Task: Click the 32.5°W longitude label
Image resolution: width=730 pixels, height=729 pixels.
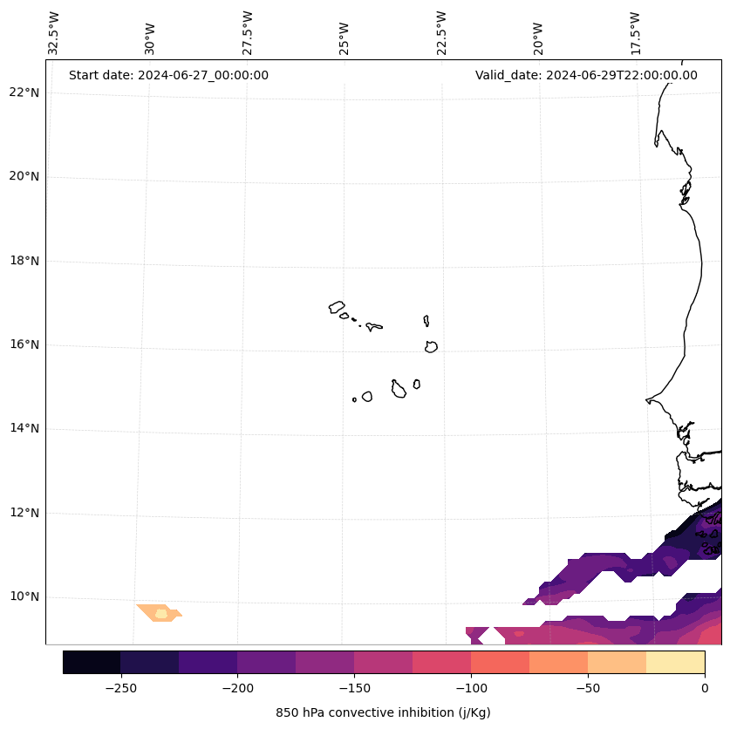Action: (x=54, y=33)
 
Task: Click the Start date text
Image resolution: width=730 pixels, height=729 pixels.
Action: (x=168, y=75)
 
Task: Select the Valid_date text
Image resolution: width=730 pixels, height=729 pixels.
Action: (x=586, y=75)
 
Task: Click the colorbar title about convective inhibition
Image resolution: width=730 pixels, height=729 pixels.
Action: (x=383, y=712)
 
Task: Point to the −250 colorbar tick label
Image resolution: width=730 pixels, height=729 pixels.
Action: (x=120, y=687)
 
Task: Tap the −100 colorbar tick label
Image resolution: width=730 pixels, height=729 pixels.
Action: (x=471, y=687)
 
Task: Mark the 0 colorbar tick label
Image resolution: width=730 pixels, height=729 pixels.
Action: (x=705, y=687)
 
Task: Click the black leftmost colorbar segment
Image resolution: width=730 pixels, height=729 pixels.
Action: (x=92, y=662)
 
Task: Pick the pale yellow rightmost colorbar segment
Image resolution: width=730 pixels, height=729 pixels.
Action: (x=675, y=662)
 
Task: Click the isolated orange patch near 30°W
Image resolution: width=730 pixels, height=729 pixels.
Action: (x=160, y=612)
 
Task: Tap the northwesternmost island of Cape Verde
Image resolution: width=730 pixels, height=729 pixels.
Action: (x=337, y=307)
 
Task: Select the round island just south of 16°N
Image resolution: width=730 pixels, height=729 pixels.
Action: (x=431, y=346)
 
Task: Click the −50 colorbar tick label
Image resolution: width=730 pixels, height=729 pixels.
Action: (x=588, y=687)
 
